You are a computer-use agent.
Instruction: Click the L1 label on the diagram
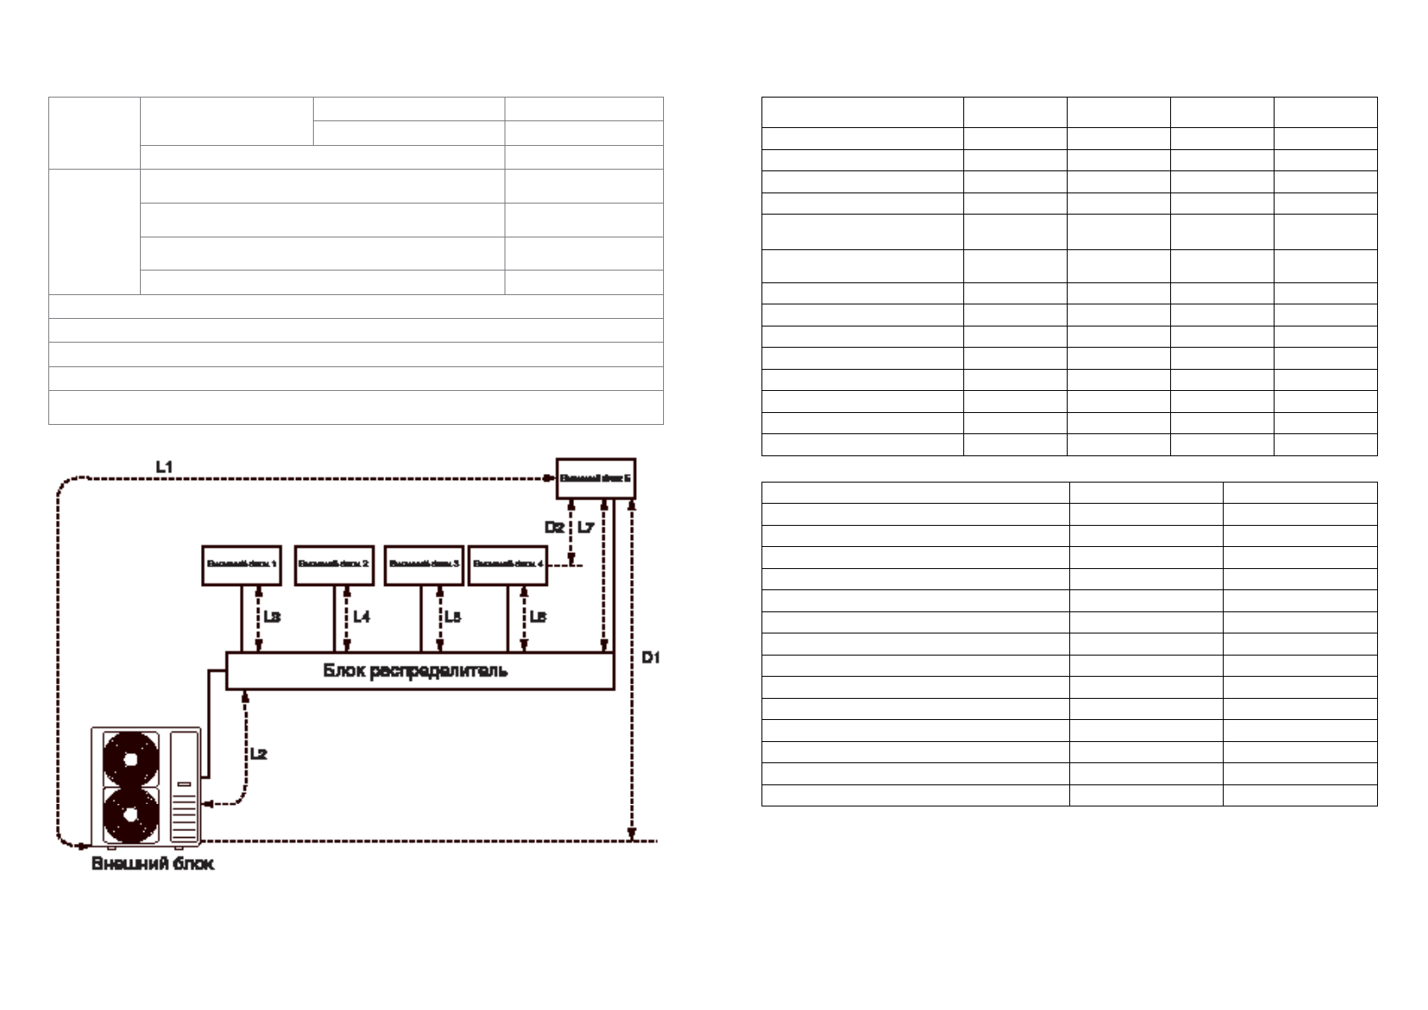pos(165,466)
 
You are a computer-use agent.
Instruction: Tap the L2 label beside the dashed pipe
pos(259,753)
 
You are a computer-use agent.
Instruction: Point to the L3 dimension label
pos(271,617)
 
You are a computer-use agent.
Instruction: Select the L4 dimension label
pos(361,617)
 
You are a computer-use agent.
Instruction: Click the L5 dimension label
pos(453,617)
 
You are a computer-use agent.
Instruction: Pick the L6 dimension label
pos(538,617)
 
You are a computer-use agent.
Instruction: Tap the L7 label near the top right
pos(586,527)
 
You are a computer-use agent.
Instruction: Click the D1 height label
pos(650,657)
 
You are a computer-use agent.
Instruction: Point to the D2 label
pos(555,527)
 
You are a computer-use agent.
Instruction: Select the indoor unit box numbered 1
pos(242,565)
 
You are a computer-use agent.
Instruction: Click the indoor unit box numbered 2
pos(334,565)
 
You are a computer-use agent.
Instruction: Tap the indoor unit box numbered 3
pos(424,565)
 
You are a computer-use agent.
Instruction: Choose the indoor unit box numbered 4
pos(508,565)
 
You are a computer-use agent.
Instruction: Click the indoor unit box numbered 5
pos(595,479)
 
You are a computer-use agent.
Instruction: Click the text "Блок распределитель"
pos(416,671)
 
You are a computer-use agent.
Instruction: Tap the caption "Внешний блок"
pos(153,864)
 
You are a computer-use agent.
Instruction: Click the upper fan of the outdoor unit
pos(131,759)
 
